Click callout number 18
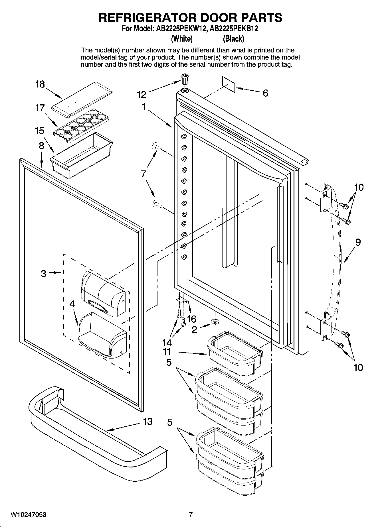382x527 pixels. pyautogui.click(x=40, y=84)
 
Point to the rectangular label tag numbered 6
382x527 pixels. pyautogui.click(x=229, y=84)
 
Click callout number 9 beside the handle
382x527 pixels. pyautogui.click(x=358, y=242)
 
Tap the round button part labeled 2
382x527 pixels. pyautogui.click(x=215, y=322)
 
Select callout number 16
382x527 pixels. pyautogui.click(x=191, y=318)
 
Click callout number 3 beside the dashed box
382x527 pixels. pyautogui.click(x=43, y=274)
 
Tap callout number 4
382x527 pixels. pyautogui.click(x=72, y=304)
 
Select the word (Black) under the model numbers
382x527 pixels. pyautogui.click(x=233, y=38)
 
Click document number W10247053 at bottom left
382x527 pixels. pyautogui.click(x=29, y=514)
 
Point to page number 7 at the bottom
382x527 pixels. pyautogui.click(x=191, y=514)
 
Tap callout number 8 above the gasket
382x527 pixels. pyautogui.click(x=42, y=146)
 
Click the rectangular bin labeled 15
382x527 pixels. pyautogui.click(x=81, y=155)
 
